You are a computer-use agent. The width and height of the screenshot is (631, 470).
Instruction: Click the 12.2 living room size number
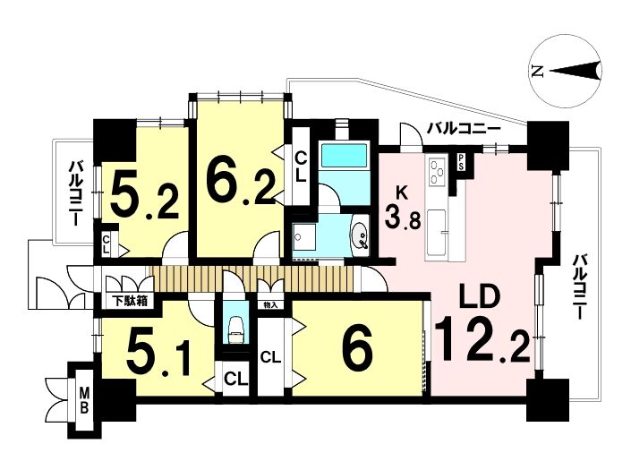483,339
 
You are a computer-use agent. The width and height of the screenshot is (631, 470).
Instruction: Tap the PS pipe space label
461,162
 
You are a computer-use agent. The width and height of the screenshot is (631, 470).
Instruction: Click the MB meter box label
84,400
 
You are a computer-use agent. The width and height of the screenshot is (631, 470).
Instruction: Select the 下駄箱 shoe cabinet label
129,300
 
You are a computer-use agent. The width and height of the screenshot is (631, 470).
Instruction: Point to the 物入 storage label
270,304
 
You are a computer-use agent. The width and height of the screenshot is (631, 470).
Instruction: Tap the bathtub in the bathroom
344,157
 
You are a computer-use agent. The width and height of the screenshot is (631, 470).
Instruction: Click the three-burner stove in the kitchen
437,172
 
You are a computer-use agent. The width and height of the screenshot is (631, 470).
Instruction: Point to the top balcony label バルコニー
464,129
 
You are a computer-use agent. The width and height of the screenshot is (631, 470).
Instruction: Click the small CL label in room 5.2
106,244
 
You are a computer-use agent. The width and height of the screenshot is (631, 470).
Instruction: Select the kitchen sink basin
436,232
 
